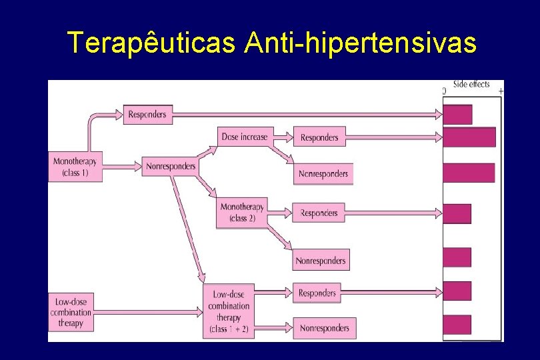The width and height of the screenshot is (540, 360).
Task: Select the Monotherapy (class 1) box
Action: [75, 167]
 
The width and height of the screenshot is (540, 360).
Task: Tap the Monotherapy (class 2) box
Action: [242, 213]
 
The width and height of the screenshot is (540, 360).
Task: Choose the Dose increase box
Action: [244, 137]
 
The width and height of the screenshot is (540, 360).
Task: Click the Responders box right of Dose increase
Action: [319, 137]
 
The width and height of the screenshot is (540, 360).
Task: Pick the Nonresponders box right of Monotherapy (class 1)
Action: [170, 166]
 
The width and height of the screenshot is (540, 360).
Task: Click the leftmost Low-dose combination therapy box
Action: [71, 313]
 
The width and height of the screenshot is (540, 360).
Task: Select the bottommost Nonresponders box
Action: [324, 328]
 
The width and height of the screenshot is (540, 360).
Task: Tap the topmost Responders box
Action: [147, 114]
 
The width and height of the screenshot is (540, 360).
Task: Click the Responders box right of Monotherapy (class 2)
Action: [319, 213]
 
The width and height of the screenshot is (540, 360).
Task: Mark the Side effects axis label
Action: [471, 84]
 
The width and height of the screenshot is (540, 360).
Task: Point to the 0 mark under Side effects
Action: [445, 91]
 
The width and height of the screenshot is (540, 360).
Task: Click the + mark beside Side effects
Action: [501, 91]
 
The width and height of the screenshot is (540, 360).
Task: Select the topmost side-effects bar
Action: [457, 114]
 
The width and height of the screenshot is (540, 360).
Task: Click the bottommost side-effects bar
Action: [457, 325]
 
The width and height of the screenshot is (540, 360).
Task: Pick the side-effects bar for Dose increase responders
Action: [469, 137]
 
